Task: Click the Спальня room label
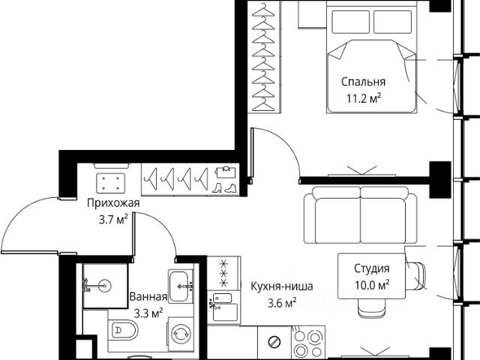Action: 363,82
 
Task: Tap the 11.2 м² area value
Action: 364,98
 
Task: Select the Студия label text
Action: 372,268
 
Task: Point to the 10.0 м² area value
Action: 372,285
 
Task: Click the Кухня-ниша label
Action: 282,286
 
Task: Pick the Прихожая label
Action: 113,203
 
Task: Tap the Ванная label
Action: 148,296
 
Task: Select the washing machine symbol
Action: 181,334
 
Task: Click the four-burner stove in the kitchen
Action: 308,341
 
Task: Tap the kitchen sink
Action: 223,307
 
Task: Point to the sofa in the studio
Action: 360,214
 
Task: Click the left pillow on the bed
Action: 350,22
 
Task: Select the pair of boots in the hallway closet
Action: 224,187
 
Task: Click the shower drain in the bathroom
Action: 105,286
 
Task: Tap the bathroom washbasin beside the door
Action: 181,286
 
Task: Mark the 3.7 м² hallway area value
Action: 113,220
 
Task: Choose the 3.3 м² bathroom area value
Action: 148,313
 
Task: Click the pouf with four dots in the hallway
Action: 111,183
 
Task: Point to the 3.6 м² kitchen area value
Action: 282,303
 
